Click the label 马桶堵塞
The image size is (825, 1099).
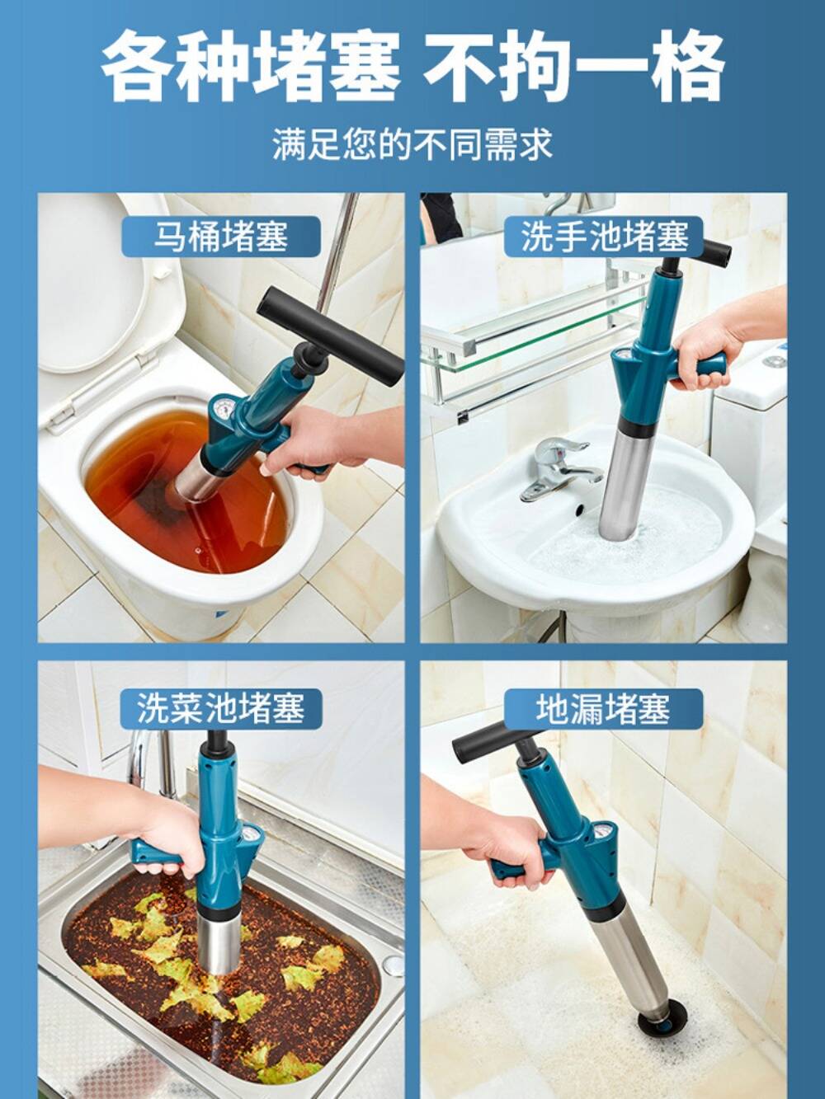coord(220,236)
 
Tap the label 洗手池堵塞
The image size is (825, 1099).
coord(604,237)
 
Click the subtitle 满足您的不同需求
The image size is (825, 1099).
coord(412,144)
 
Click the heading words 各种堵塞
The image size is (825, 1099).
coord(251,65)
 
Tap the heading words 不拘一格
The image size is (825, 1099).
coord(574,65)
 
